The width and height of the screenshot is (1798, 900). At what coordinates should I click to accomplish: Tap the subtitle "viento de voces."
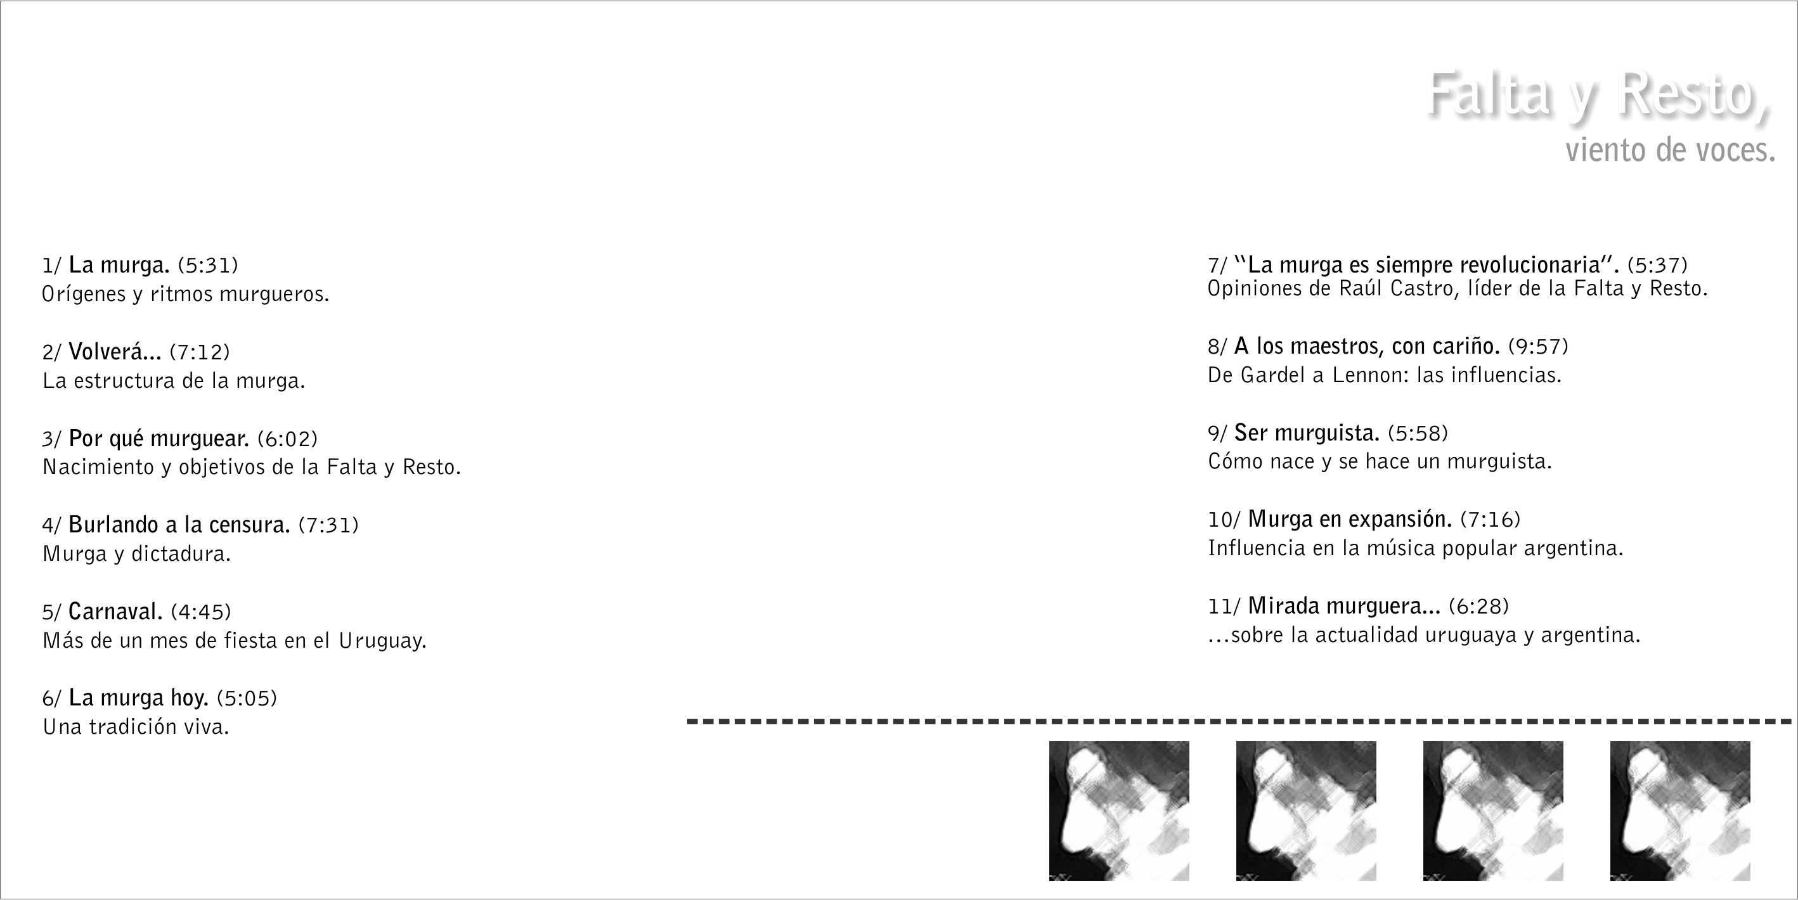1671,150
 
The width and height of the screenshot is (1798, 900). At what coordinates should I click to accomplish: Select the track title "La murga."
119,265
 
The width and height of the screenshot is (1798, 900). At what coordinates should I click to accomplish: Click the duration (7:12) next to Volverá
200,352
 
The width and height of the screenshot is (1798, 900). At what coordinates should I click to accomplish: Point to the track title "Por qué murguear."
158,439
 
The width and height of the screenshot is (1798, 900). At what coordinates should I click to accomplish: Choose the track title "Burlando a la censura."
179,525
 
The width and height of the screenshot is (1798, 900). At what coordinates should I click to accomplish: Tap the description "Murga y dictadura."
137,554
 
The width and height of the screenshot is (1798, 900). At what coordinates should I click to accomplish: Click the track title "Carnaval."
115,612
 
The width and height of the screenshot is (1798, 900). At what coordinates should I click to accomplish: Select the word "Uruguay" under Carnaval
382,641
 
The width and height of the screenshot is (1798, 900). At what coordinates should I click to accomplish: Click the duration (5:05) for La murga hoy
247,698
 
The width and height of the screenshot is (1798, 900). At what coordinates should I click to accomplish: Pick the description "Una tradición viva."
136,727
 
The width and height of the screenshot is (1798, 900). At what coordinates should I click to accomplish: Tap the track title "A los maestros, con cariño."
1367,346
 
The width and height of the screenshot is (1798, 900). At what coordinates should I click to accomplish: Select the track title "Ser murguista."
1307,434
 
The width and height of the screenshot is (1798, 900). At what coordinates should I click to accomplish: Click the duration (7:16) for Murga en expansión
1490,520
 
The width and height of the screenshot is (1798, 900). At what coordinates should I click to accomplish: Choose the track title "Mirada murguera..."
1344,607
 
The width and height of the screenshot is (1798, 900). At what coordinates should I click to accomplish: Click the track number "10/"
1225,520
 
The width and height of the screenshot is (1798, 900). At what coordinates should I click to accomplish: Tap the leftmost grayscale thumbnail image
1119,811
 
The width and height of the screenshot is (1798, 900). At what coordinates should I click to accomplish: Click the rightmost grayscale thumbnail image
1680,811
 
